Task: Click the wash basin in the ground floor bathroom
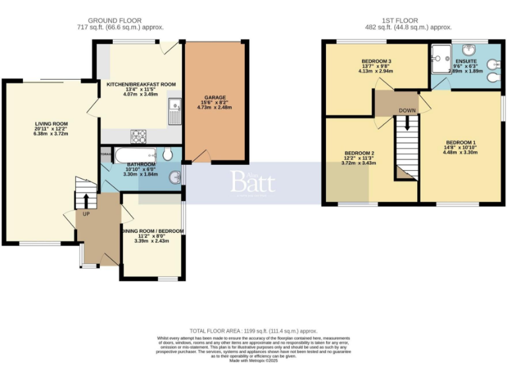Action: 175,177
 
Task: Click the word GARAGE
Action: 215,97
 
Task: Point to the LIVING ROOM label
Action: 51,123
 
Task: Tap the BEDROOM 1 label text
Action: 459,142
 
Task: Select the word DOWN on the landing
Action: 407,110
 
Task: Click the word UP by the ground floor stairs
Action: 86,214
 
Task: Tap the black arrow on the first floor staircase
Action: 407,123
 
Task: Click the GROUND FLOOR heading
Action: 119,20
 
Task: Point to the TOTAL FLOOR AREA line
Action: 253,331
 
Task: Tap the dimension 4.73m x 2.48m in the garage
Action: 215,108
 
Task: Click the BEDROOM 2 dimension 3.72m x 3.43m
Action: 359,163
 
